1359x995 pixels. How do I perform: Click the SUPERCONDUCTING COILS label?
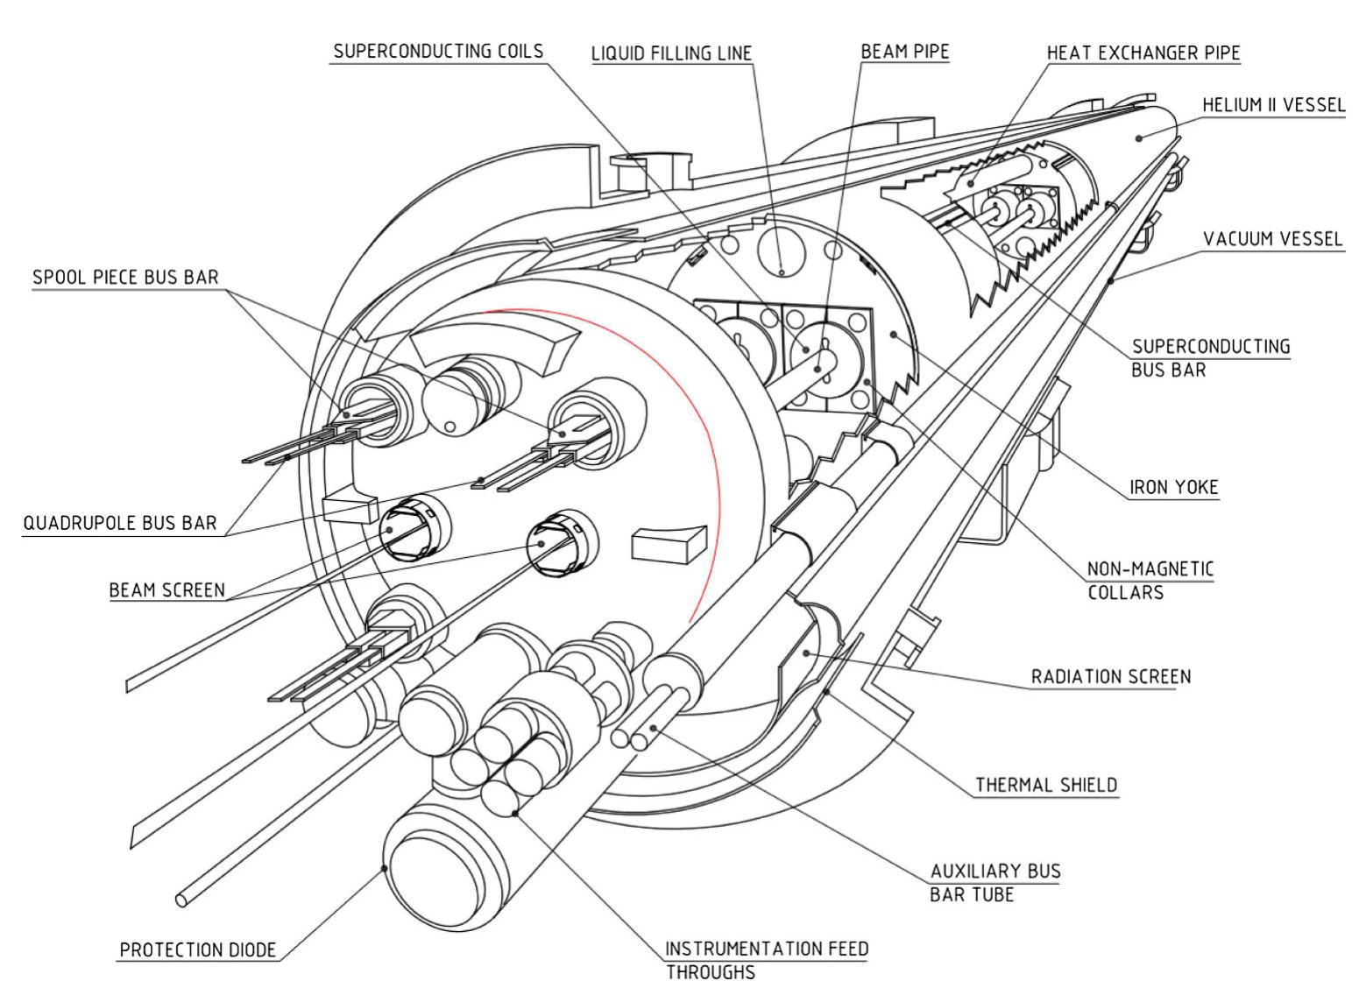(438, 51)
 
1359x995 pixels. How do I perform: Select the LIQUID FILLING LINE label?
(671, 53)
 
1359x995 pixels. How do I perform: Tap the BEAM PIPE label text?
(905, 52)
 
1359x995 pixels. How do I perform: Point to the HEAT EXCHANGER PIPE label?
(1143, 53)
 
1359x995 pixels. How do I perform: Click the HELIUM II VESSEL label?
(1273, 105)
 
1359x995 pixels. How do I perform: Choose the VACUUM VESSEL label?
(1273, 238)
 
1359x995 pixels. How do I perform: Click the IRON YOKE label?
(1174, 487)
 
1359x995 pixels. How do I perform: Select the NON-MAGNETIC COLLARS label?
(1150, 580)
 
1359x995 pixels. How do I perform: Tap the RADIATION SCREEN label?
(1111, 676)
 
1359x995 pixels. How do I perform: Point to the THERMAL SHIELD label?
(1047, 784)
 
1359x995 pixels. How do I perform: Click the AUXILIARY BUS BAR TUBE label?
(994, 882)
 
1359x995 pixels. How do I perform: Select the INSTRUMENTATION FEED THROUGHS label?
(767, 959)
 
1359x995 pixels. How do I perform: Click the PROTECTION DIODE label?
(198, 949)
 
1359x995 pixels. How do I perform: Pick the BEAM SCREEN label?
(166, 589)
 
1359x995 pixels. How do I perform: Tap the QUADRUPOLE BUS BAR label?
(119, 523)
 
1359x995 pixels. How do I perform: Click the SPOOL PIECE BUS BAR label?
(125, 277)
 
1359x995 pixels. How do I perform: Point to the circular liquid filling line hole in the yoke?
(781, 251)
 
